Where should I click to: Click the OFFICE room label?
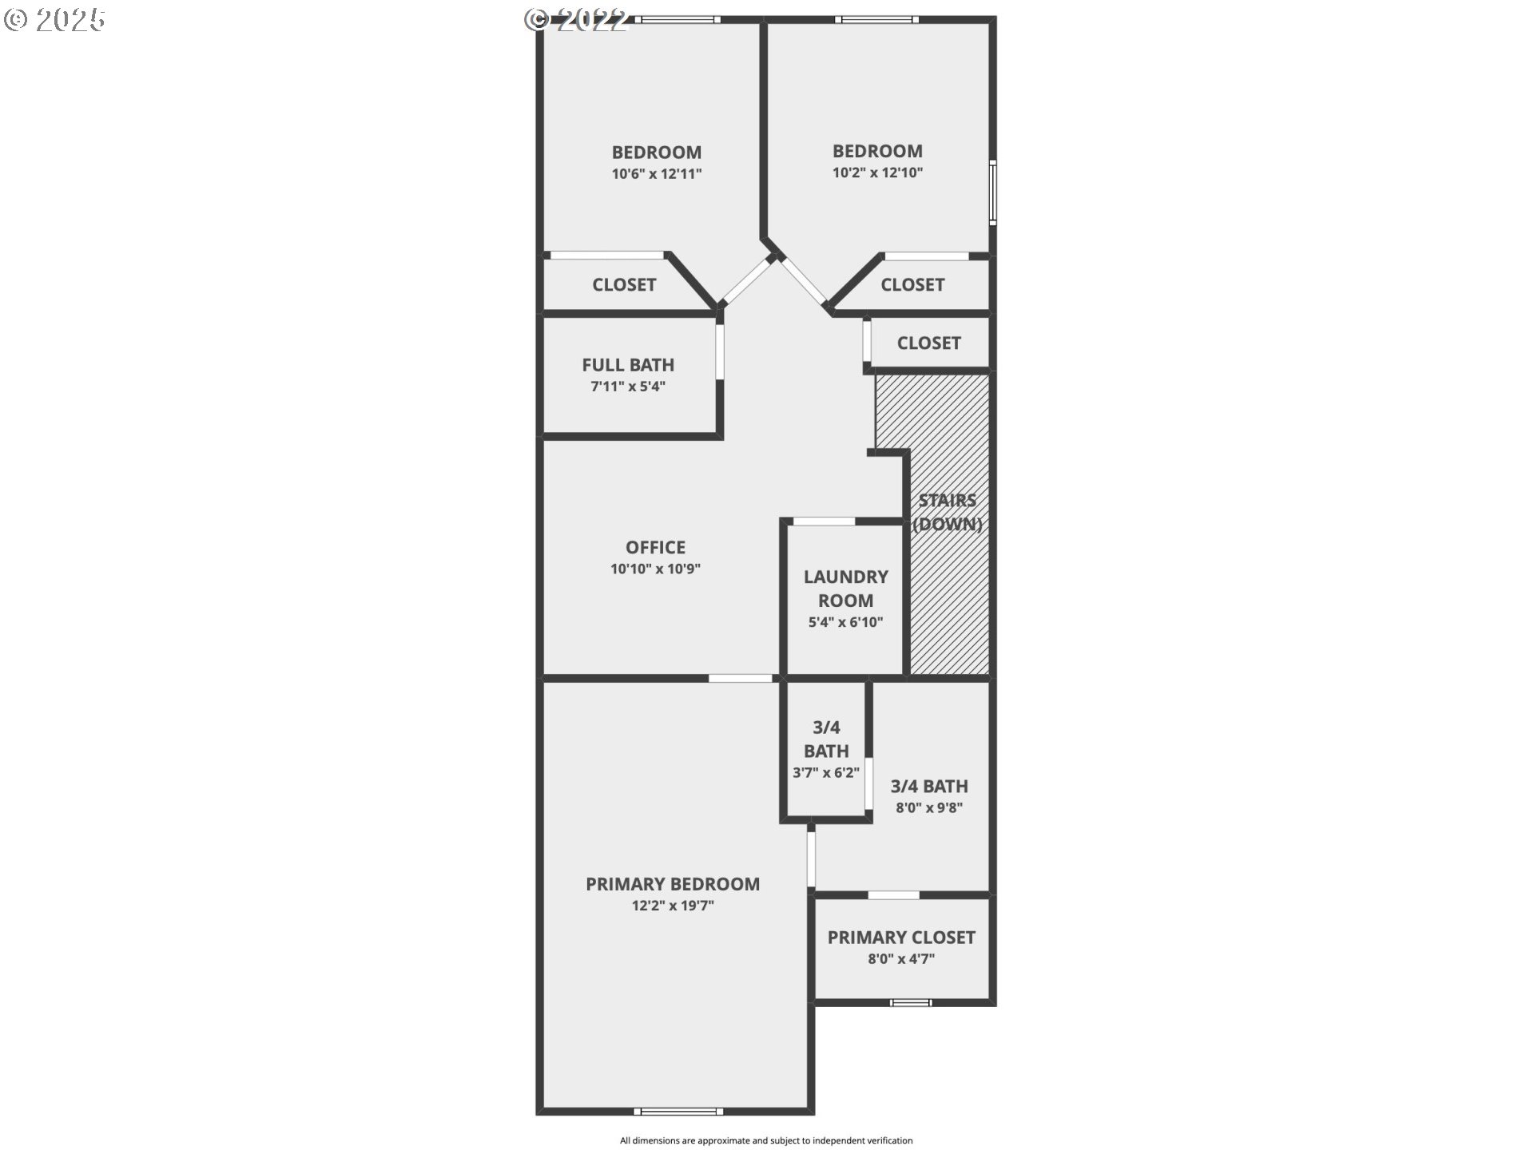(655, 547)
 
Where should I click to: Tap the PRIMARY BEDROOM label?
(673, 884)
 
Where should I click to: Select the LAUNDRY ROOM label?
(845, 589)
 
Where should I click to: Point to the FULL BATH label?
(628, 365)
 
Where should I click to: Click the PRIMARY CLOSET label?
(901, 938)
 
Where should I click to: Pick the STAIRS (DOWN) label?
(948, 512)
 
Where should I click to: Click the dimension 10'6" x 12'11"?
(657, 173)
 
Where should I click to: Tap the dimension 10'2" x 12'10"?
(877, 172)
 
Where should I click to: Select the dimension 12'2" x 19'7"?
(673, 906)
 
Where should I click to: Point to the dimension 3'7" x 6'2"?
(826, 772)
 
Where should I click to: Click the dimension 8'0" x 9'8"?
(929, 807)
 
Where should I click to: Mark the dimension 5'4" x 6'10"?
(845, 622)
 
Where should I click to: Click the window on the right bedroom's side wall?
(993, 192)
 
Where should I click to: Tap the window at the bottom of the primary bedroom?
(678, 1111)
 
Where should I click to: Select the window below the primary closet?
(911, 1002)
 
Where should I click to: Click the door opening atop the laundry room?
(824, 521)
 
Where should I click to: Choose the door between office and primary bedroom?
(741, 679)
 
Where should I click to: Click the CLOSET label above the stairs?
(928, 343)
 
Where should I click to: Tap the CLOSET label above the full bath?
(624, 285)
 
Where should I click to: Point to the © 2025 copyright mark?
(54, 20)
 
